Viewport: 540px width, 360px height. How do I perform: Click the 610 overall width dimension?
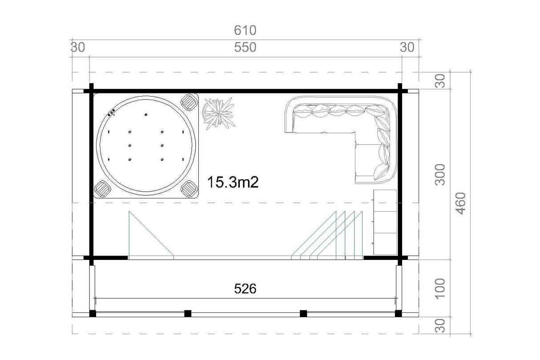(245, 30)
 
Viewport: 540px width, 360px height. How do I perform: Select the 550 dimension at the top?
(245, 47)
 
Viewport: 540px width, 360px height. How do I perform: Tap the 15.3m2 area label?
(233, 182)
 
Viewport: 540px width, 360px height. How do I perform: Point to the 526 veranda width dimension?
(245, 289)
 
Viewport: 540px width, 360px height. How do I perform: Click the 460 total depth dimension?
(461, 203)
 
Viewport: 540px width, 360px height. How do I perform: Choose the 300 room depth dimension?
(440, 174)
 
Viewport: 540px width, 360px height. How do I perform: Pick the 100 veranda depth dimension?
(440, 289)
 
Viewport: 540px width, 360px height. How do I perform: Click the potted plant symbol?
(219, 113)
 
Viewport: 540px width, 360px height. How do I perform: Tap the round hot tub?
(146, 146)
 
